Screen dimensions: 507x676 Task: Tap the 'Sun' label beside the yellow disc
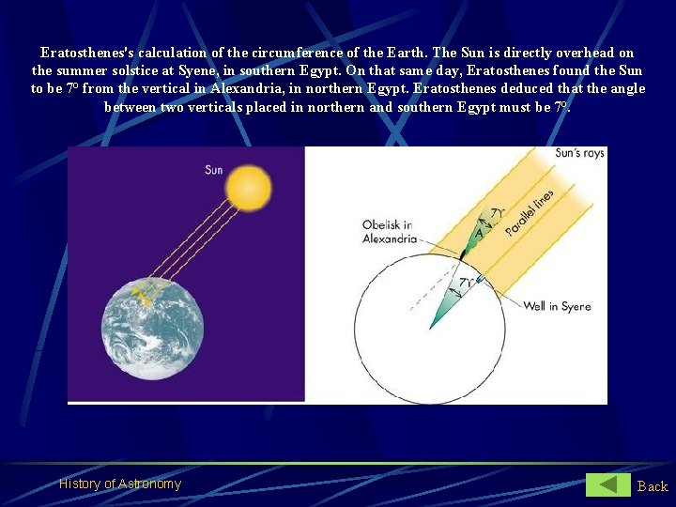[214, 170]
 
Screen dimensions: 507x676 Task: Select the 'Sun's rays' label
[579, 153]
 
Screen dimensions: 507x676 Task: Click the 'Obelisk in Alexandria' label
[389, 232]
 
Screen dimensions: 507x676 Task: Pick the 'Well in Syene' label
[557, 306]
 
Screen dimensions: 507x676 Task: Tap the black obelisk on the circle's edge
[463, 253]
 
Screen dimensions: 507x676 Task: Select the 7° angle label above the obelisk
[499, 214]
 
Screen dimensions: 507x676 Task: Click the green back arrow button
[608, 484]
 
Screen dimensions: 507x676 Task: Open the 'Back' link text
[652, 485]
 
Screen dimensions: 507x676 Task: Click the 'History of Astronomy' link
[120, 484]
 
